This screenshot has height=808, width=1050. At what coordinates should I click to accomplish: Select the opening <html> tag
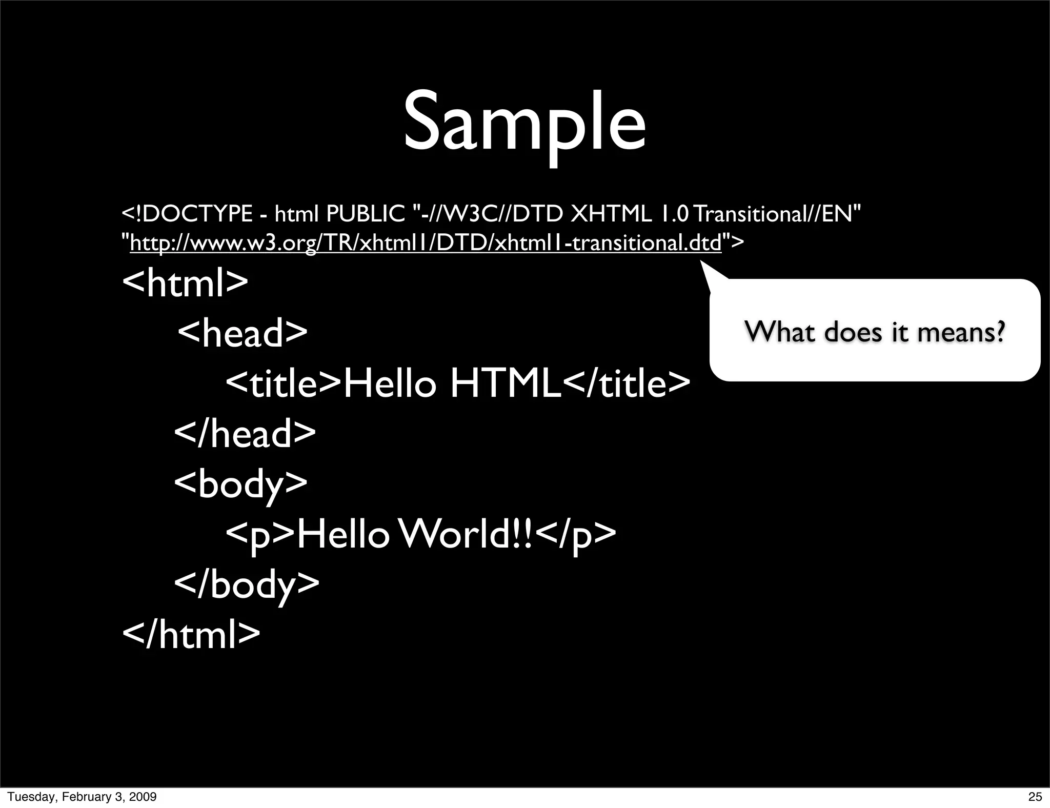tap(185, 282)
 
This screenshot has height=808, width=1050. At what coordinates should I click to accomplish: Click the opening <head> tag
tap(243, 332)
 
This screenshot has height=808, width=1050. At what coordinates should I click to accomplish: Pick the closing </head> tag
tap(245, 434)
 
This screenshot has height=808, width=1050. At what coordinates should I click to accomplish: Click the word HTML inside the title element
tap(506, 383)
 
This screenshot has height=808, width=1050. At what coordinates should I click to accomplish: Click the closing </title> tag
tap(627, 383)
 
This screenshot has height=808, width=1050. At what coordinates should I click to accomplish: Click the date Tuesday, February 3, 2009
tap(82, 797)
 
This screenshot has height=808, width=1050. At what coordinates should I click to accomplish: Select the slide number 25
tap(1035, 797)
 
